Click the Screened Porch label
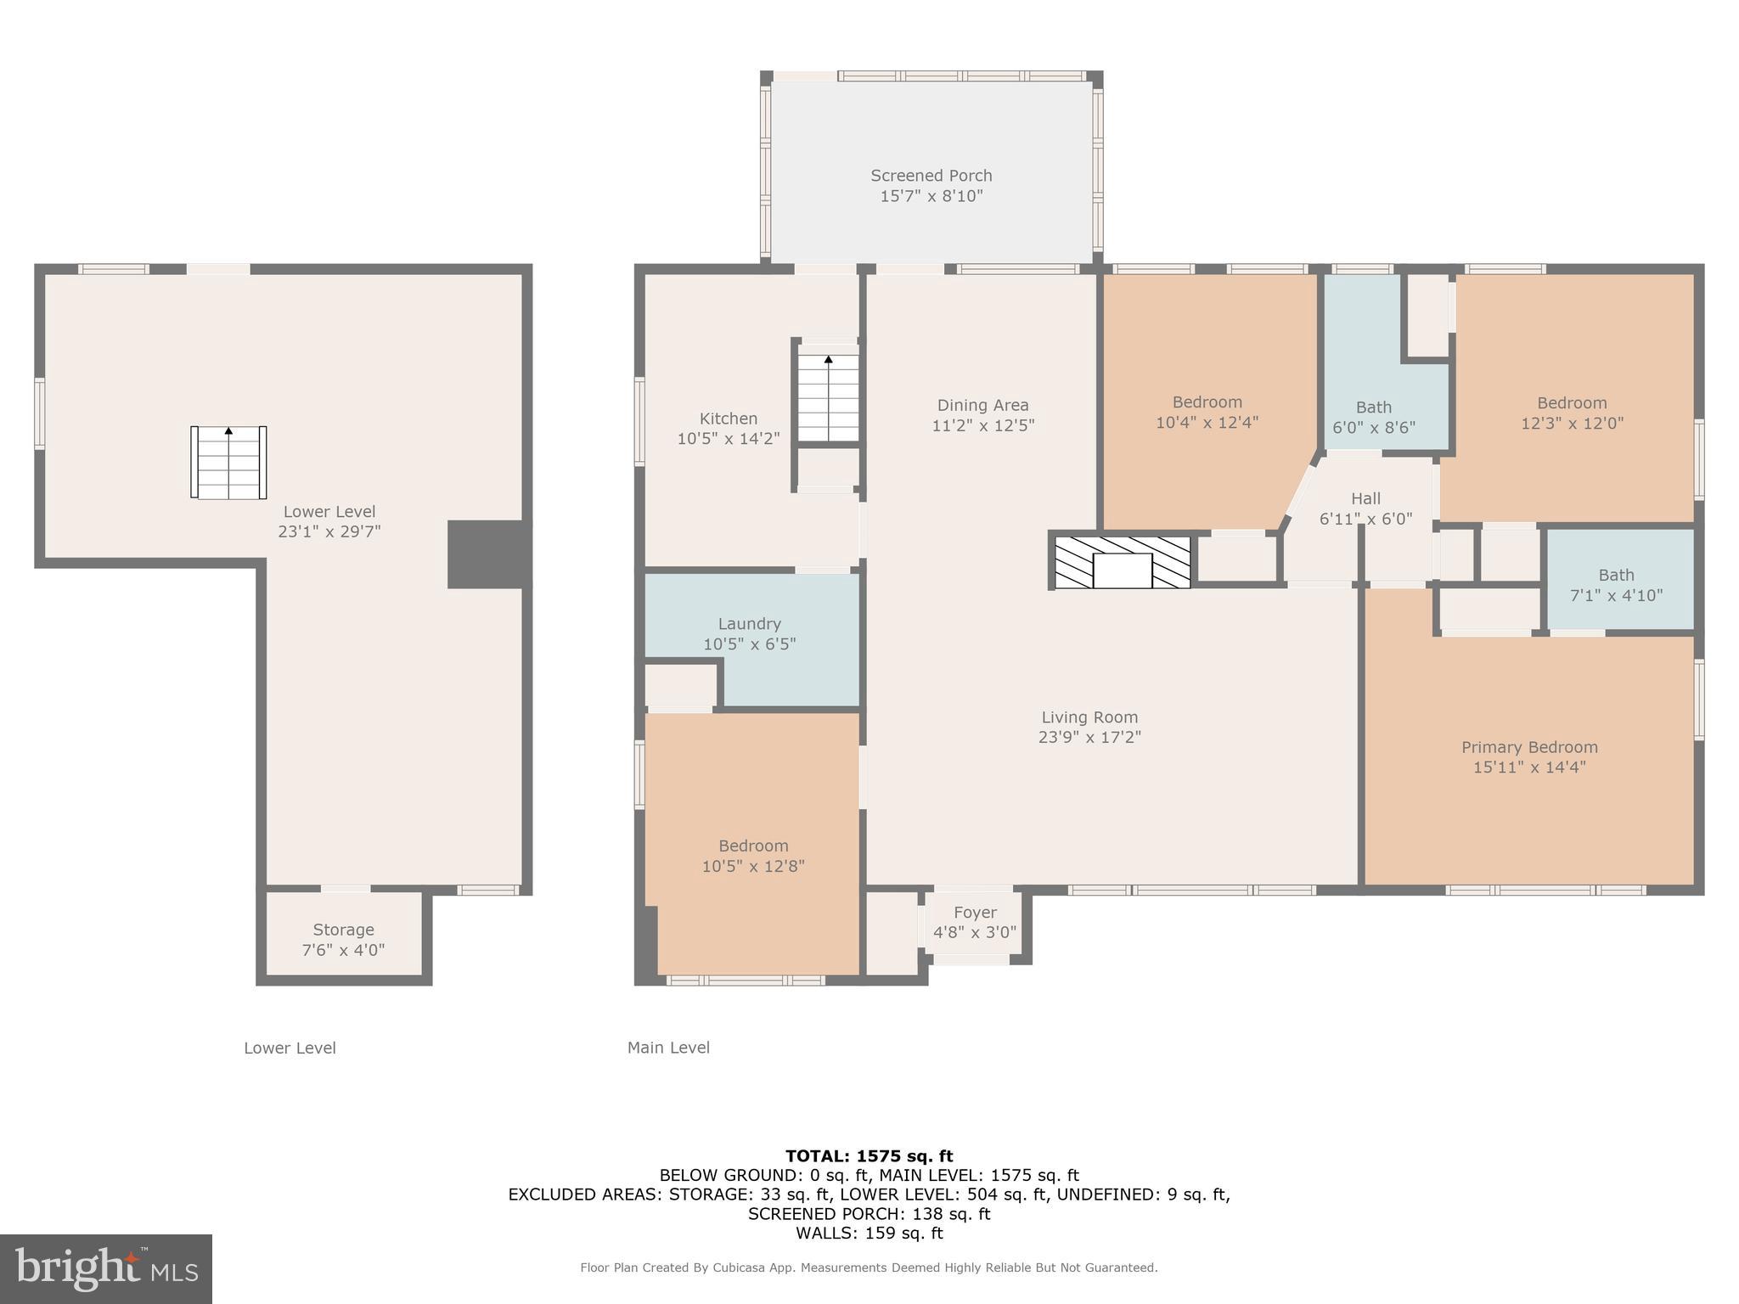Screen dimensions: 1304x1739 [x=931, y=176]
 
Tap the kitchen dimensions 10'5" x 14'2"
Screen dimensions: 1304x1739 [x=728, y=439]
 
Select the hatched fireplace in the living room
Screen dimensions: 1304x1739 [x=1122, y=562]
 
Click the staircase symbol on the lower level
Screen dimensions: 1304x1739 [x=228, y=463]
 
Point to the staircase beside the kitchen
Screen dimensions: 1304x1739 [x=828, y=398]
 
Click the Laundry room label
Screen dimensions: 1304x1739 [x=749, y=624]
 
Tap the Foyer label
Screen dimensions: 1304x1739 [x=974, y=913]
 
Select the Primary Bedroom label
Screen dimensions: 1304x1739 [x=1529, y=747]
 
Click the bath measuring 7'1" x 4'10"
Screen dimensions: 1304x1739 [x=1616, y=585]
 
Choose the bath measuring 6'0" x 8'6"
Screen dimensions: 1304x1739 [x=1373, y=417]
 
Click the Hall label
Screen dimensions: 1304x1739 [x=1365, y=499]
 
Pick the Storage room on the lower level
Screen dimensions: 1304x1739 [x=343, y=938]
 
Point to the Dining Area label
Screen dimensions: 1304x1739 [x=982, y=406]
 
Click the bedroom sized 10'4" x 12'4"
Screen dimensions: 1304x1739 [x=1207, y=412]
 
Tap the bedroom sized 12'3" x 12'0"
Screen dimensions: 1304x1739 [x=1572, y=413]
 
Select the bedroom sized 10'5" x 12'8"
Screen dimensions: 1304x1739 [x=753, y=855]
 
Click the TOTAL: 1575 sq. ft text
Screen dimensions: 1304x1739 [x=869, y=1155]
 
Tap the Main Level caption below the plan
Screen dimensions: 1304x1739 [x=668, y=1048]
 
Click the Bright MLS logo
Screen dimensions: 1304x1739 [x=106, y=1268]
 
